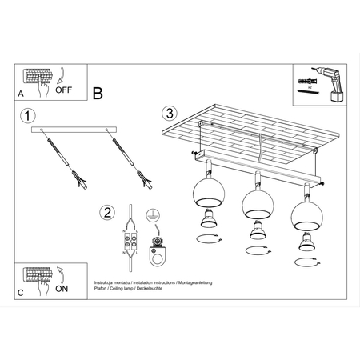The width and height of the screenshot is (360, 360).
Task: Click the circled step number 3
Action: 168,114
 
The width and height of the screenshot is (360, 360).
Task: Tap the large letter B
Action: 98,94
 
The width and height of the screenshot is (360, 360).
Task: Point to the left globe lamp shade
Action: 206,194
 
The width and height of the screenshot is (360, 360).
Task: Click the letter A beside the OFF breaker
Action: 20,94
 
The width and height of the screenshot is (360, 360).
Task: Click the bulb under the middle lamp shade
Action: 257,230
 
